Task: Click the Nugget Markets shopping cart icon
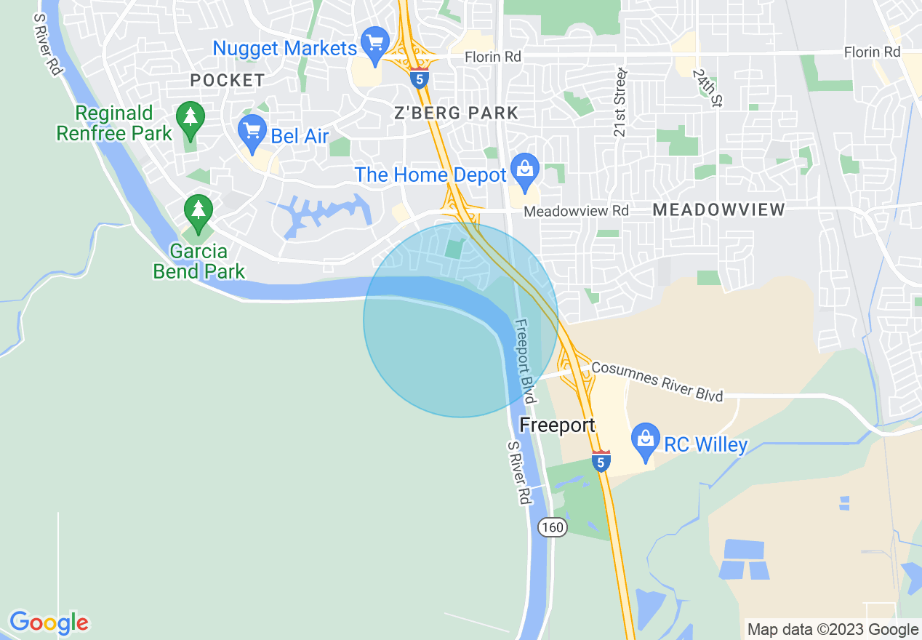click(375, 44)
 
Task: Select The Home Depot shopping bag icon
click(524, 169)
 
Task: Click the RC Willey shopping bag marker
click(645, 439)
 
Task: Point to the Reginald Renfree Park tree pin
click(191, 117)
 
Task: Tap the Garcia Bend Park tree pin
click(198, 212)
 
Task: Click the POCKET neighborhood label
click(227, 80)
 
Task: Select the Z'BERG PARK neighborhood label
click(456, 113)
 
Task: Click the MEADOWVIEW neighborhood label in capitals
click(718, 210)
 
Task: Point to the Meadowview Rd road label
click(576, 211)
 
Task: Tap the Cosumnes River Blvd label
click(657, 381)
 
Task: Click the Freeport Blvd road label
click(526, 361)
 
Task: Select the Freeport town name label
click(557, 425)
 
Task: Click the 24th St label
click(706, 89)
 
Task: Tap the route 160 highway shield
click(553, 527)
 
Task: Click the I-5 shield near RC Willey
click(601, 461)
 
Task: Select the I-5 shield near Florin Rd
click(419, 79)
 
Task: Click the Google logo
click(49, 623)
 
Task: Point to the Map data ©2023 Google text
click(833, 629)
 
